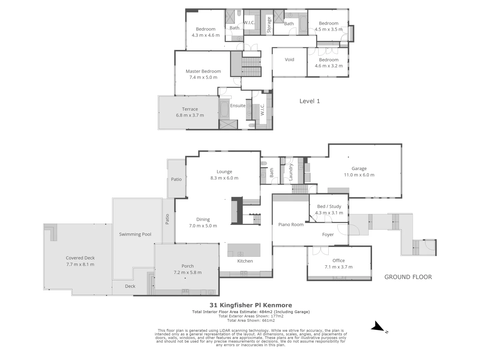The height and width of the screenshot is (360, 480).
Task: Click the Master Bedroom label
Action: [203, 71]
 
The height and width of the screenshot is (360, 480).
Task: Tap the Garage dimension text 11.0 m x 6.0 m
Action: [359, 175]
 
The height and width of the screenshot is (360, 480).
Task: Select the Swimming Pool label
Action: [135, 234]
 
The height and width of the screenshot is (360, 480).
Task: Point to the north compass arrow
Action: [378, 327]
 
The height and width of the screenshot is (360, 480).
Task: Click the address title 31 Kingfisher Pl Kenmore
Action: [251, 305]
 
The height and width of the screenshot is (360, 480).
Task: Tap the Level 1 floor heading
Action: [309, 101]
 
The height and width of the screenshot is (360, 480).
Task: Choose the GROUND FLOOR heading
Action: [408, 277]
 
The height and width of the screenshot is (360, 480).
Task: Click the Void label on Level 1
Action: [289, 60]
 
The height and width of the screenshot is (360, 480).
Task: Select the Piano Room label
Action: [291, 225]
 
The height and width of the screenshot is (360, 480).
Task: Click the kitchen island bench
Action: [244, 250]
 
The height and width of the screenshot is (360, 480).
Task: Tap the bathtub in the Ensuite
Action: [224, 109]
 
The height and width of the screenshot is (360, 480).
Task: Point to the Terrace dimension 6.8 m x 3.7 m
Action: [190, 115]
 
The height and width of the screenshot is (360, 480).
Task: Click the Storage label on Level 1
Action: [269, 25]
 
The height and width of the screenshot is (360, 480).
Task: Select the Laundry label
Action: [291, 172]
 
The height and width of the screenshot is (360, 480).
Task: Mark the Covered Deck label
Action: [80, 258]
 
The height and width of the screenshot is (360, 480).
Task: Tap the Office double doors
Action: [320, 251]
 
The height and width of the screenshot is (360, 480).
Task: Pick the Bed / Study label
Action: [329, 207]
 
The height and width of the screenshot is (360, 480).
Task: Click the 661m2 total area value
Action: [268, 321]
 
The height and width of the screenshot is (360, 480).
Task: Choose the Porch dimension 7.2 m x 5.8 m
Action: [187, 273]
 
